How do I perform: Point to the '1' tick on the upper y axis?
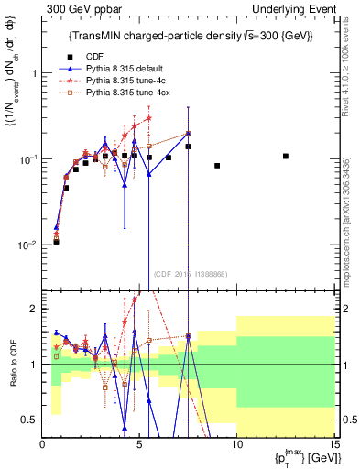click(35, 72)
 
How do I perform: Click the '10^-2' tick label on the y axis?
click(28, 245)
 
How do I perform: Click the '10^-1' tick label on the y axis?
click(28, 159)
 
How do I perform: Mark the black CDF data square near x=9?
click(217, 166)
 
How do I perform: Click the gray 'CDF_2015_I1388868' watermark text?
click(189, 273)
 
